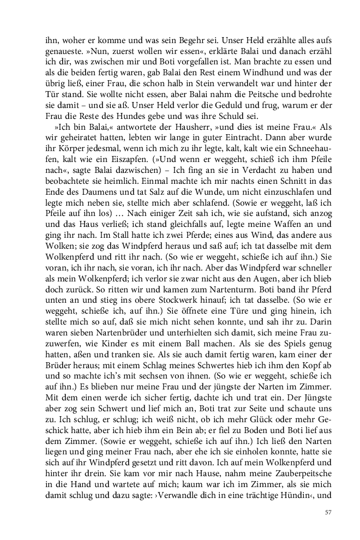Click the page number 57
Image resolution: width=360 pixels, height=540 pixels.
click(328, 512)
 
